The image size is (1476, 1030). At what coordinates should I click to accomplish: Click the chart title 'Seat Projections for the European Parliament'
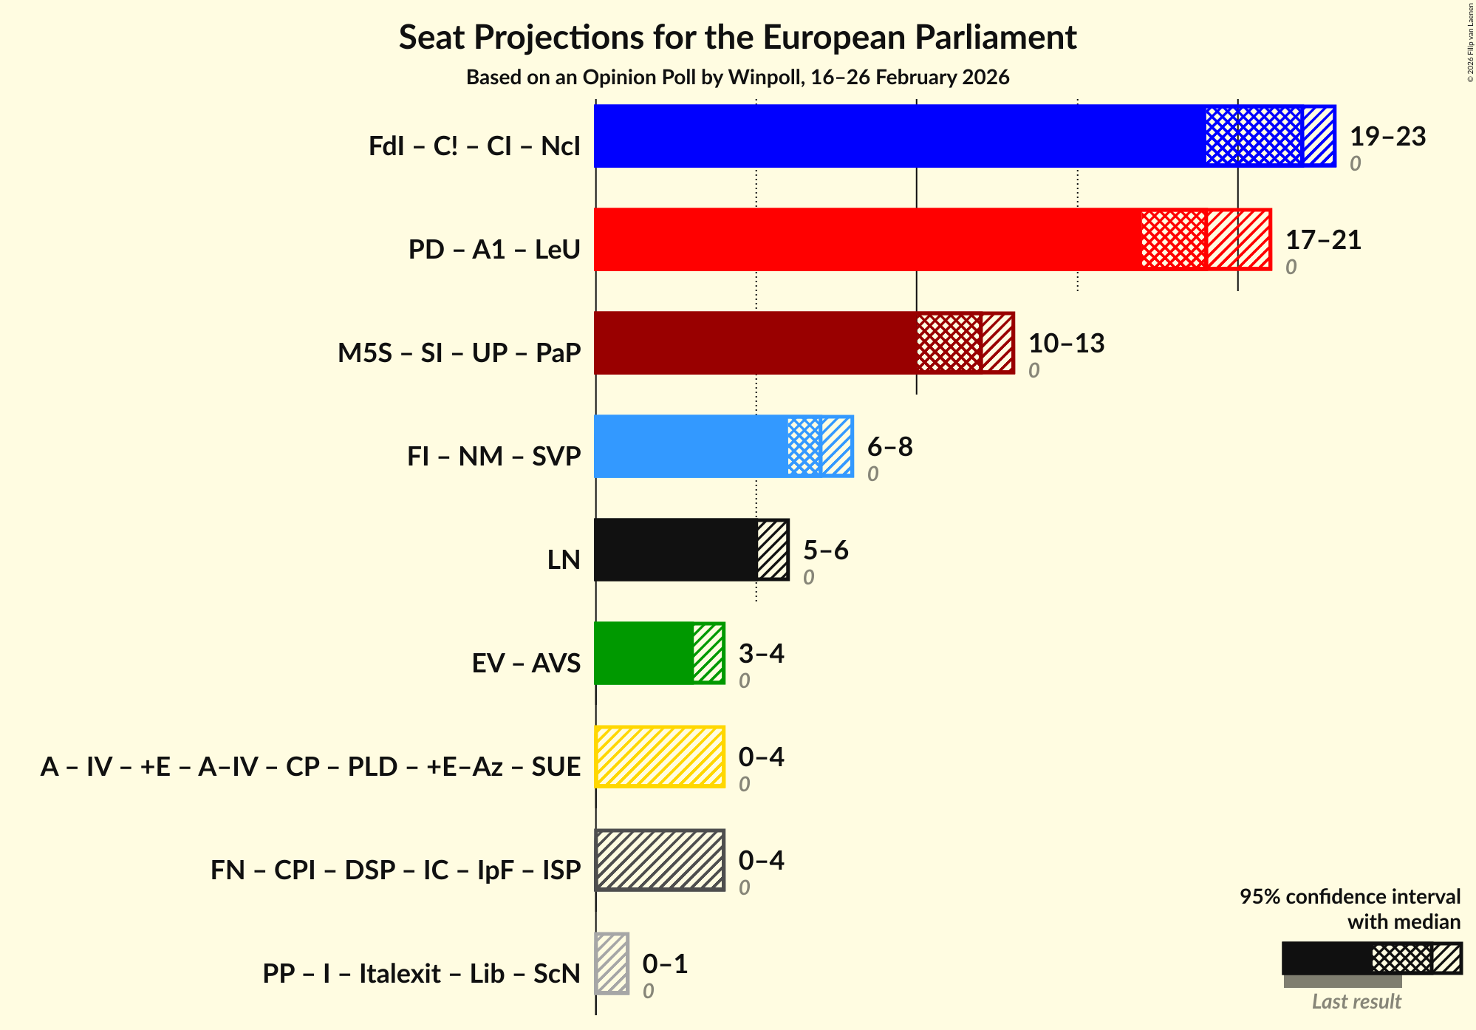click(737, 38)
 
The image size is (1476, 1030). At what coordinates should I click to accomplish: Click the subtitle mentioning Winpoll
click(737, 78)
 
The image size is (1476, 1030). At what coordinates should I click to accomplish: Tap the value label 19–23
click(1387, 137)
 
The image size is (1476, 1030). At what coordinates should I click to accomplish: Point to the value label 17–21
click(1323, 240)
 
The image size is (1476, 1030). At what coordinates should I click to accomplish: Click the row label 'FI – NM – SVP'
click(493, 456)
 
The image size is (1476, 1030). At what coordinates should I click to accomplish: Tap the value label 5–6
click(825, 550)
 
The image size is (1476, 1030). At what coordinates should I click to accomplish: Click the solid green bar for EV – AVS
click(643, 653)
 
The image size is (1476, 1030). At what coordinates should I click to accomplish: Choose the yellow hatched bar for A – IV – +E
click(660, 757)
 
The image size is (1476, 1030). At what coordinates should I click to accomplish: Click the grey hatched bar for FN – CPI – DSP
click(660, 860)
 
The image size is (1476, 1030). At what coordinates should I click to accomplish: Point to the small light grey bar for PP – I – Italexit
click(612, 964)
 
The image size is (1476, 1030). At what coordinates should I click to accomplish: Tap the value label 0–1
click(665, 964)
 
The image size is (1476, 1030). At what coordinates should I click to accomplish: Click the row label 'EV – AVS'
click(526, 663)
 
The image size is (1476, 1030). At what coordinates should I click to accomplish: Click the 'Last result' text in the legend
click(1356, 1001)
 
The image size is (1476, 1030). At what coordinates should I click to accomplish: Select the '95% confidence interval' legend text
click(1350, 896)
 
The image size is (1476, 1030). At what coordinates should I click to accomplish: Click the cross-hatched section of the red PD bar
click(1173, 239)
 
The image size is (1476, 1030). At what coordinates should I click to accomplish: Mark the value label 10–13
click(1066, 344)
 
